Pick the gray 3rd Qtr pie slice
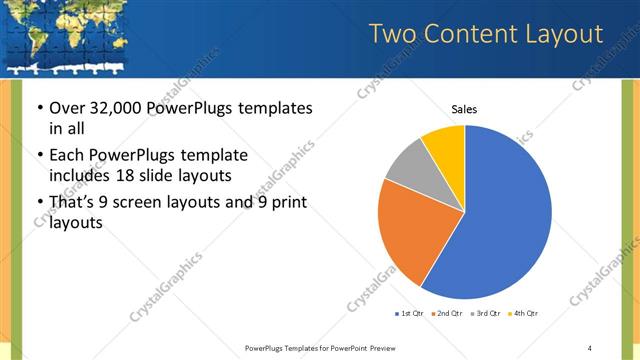408,165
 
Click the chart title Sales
464,108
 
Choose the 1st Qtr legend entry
410,314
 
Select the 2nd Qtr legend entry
448,314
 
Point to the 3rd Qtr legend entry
487,314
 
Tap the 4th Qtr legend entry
525,314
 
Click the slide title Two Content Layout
486,35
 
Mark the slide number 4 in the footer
590,348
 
